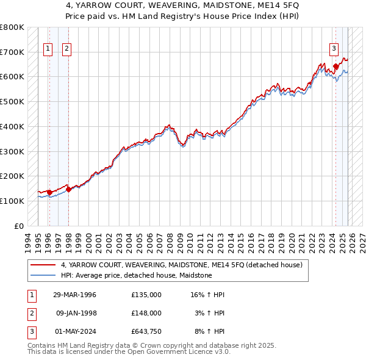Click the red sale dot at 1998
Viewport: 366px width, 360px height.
click(69, 189)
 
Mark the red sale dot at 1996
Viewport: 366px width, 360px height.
click(49, 192)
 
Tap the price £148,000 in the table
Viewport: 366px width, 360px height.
click(146, 313)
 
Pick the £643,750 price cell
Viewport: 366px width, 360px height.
click(146, 331)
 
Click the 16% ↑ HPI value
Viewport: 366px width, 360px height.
click(207, 295)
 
